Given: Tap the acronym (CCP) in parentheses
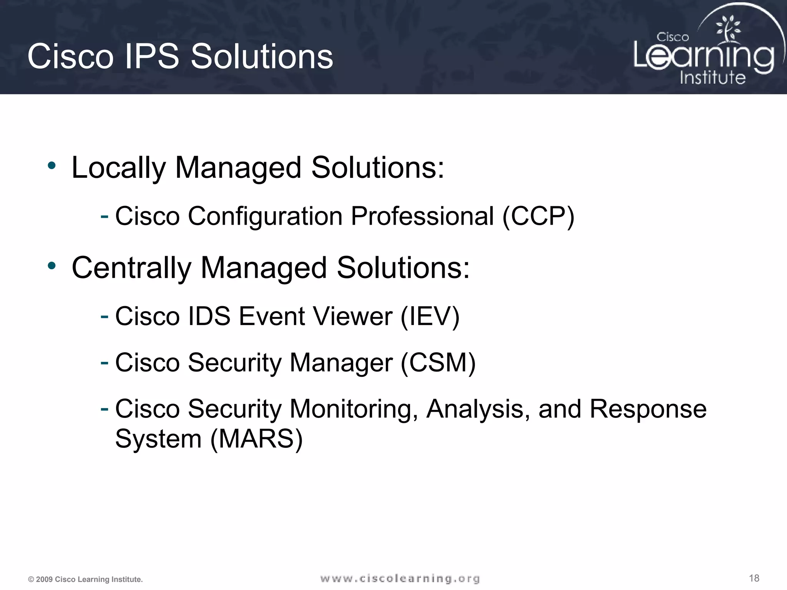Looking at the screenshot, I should (x=538, y=216).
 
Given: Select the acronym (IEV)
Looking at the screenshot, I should (x=430, y=317).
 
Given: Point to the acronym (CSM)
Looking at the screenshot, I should (x=438, y=363).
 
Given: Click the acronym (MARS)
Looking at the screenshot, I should (x=257, y=439).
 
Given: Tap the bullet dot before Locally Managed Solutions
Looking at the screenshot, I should (x=51, y=166).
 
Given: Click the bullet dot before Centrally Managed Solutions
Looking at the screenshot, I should (x=51, y=266).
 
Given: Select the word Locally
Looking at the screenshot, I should (x=118, y=168).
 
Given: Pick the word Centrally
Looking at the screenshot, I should (x=131, y=268).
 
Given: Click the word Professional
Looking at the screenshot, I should (x=422, y=216).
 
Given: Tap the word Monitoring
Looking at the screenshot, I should (x=354, y=409).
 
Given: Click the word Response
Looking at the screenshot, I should (x=648, y=409).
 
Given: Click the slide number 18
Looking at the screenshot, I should (x=754, y=578).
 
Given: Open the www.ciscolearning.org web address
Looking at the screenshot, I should (x=400, y=578).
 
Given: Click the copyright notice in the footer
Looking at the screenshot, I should (x=85, y=579).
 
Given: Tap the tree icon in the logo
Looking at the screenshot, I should (x=727, y=29).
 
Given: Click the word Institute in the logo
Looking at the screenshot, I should (x=712, y=78).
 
